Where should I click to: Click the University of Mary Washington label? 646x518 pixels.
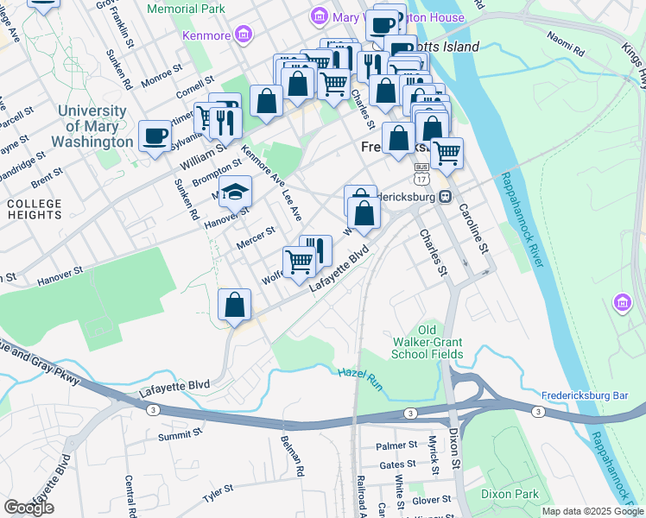[95, 126]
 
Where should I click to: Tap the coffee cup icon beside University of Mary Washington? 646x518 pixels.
[155, 136]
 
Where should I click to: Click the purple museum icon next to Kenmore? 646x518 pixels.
[244, 35]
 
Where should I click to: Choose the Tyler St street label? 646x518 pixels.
[218, 495]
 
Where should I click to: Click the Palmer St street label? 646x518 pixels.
[396, 446]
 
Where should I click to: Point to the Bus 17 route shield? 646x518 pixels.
[421, 173]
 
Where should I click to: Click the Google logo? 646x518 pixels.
[28, 508]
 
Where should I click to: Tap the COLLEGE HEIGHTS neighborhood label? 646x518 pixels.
[35, 208]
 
